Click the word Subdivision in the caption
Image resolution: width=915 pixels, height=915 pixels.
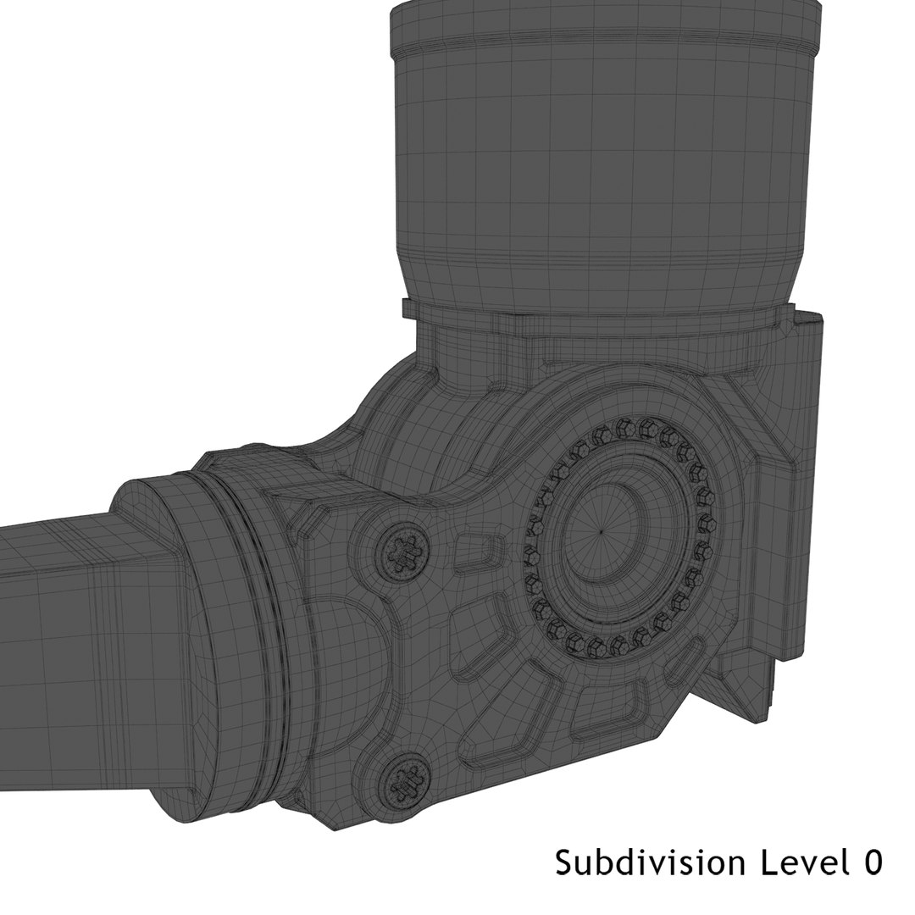click(650, 863)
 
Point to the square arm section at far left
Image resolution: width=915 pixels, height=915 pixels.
click(51, 627)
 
